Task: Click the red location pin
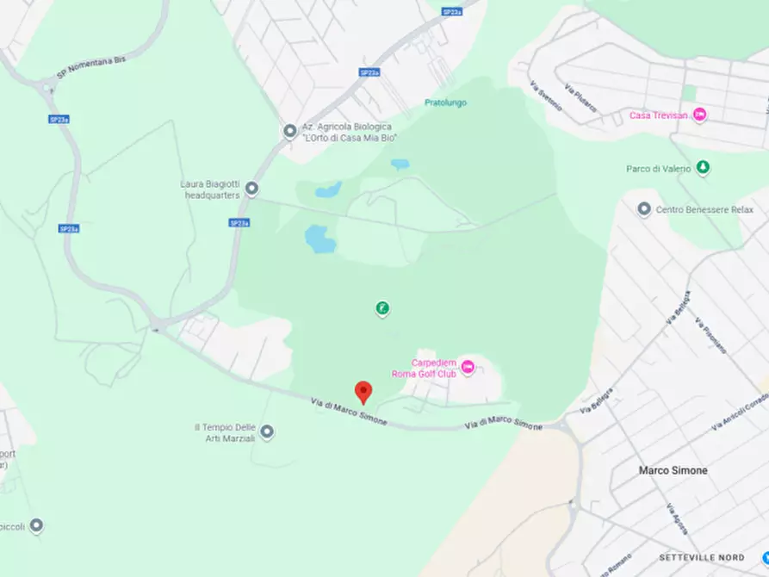coord(363,391)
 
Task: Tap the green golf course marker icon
coord(381,307)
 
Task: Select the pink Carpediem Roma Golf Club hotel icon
coord(468,367)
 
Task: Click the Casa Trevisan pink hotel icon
coord(699,115)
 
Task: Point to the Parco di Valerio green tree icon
coord(703,168)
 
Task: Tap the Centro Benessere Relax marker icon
coord(643,208)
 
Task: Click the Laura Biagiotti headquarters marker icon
coord(251,188)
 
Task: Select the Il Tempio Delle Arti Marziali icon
coord(268,431)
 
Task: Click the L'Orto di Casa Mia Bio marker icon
coord(290,131)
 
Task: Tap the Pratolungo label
coord(445,102)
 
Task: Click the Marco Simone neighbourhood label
coord(673,470)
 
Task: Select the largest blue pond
coord(319,239)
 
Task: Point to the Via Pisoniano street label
coord(712,338)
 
